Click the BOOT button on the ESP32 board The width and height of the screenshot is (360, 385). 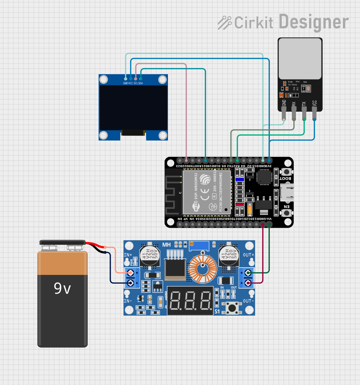(286, 172)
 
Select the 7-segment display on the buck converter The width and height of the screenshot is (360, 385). (190, 301)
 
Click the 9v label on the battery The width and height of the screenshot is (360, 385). (62, 288)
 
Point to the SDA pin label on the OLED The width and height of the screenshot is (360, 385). (140, 83)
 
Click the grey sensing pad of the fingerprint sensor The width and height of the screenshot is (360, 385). (300, 58)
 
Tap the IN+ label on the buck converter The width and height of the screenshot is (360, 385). (128, 255)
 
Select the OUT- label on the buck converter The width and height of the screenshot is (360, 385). (248, 301)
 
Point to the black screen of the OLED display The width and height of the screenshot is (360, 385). (133, 108)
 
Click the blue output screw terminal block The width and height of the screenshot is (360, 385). (246, 278)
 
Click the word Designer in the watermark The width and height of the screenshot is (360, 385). (314, 22)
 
